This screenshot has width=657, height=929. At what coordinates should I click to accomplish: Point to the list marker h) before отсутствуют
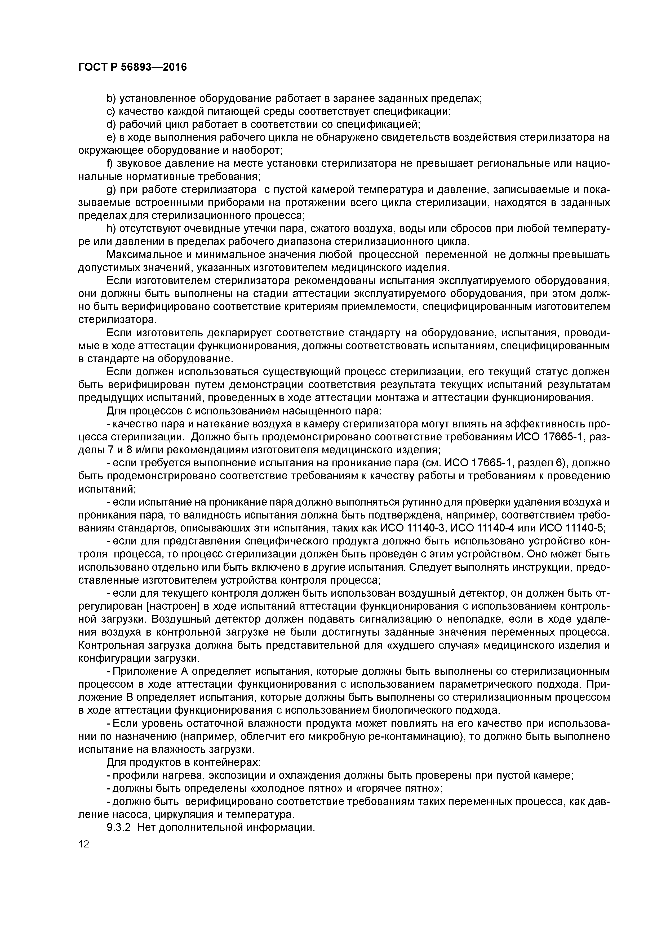[111, 229]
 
